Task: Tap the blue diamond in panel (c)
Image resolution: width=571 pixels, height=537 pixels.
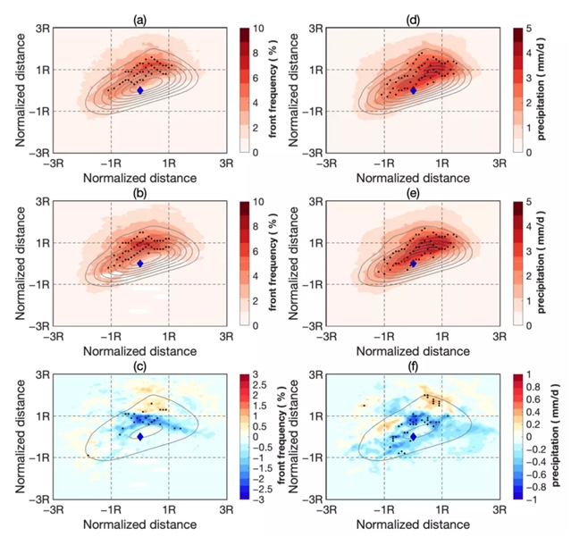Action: (140, 436)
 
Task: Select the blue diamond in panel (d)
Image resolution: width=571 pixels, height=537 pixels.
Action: (413, 89)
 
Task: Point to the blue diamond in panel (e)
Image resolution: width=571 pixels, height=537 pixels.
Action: (413, 264)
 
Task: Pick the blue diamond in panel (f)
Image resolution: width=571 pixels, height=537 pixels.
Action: (413, 436)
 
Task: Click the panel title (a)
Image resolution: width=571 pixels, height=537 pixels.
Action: (140, 17)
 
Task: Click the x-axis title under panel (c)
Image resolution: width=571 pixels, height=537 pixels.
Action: (140, 527)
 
